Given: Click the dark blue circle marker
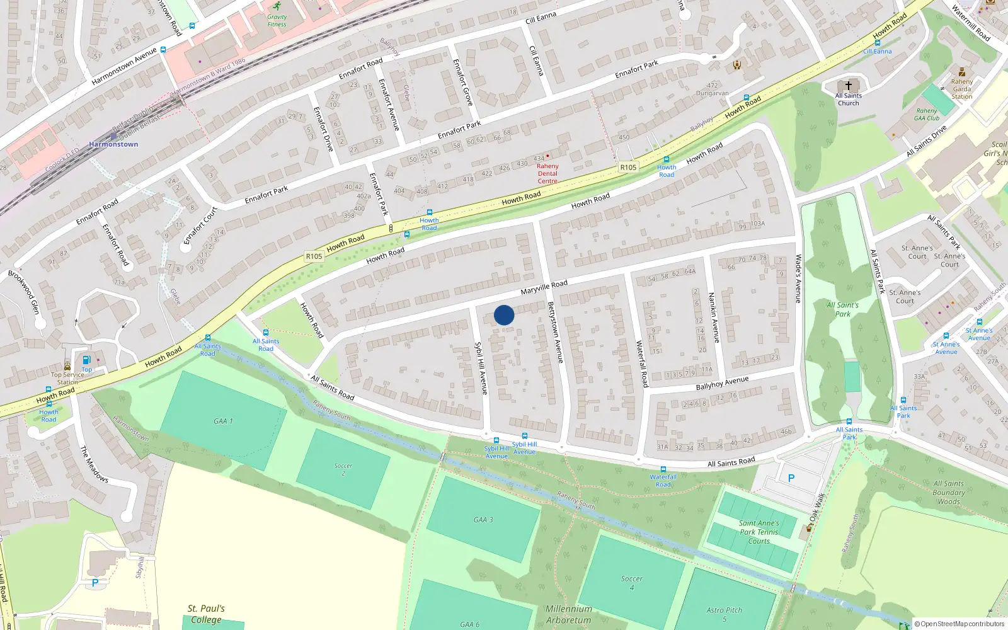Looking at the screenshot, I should click(504, 315).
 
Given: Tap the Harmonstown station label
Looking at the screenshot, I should click(113, 144).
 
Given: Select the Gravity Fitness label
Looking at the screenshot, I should click(277, 21).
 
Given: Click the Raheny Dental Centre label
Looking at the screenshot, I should click(547, 173).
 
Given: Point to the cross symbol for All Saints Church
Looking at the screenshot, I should click(849, 85).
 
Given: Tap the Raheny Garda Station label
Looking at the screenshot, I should click(962, 89).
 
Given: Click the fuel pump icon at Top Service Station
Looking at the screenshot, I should click(86, 360).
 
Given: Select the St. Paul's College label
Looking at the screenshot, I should click(206, 614).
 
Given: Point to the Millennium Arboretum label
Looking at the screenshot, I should click(569, 614).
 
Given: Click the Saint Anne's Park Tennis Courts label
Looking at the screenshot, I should click(759, 532).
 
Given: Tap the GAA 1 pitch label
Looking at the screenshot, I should click(223, 421).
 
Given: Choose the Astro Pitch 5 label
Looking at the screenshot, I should click(724, 614).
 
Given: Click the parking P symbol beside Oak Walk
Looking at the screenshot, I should click(791, 478).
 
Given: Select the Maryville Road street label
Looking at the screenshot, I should click(544, 287).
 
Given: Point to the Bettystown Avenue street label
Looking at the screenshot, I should click(555, 332).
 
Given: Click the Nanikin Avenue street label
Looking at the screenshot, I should click(714, 318).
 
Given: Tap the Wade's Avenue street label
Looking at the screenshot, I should click(798, 278).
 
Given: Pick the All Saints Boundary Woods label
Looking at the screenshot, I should click(949, 493).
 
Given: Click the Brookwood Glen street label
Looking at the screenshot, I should click(24, 292).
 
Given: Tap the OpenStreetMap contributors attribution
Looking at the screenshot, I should click(959, 624).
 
